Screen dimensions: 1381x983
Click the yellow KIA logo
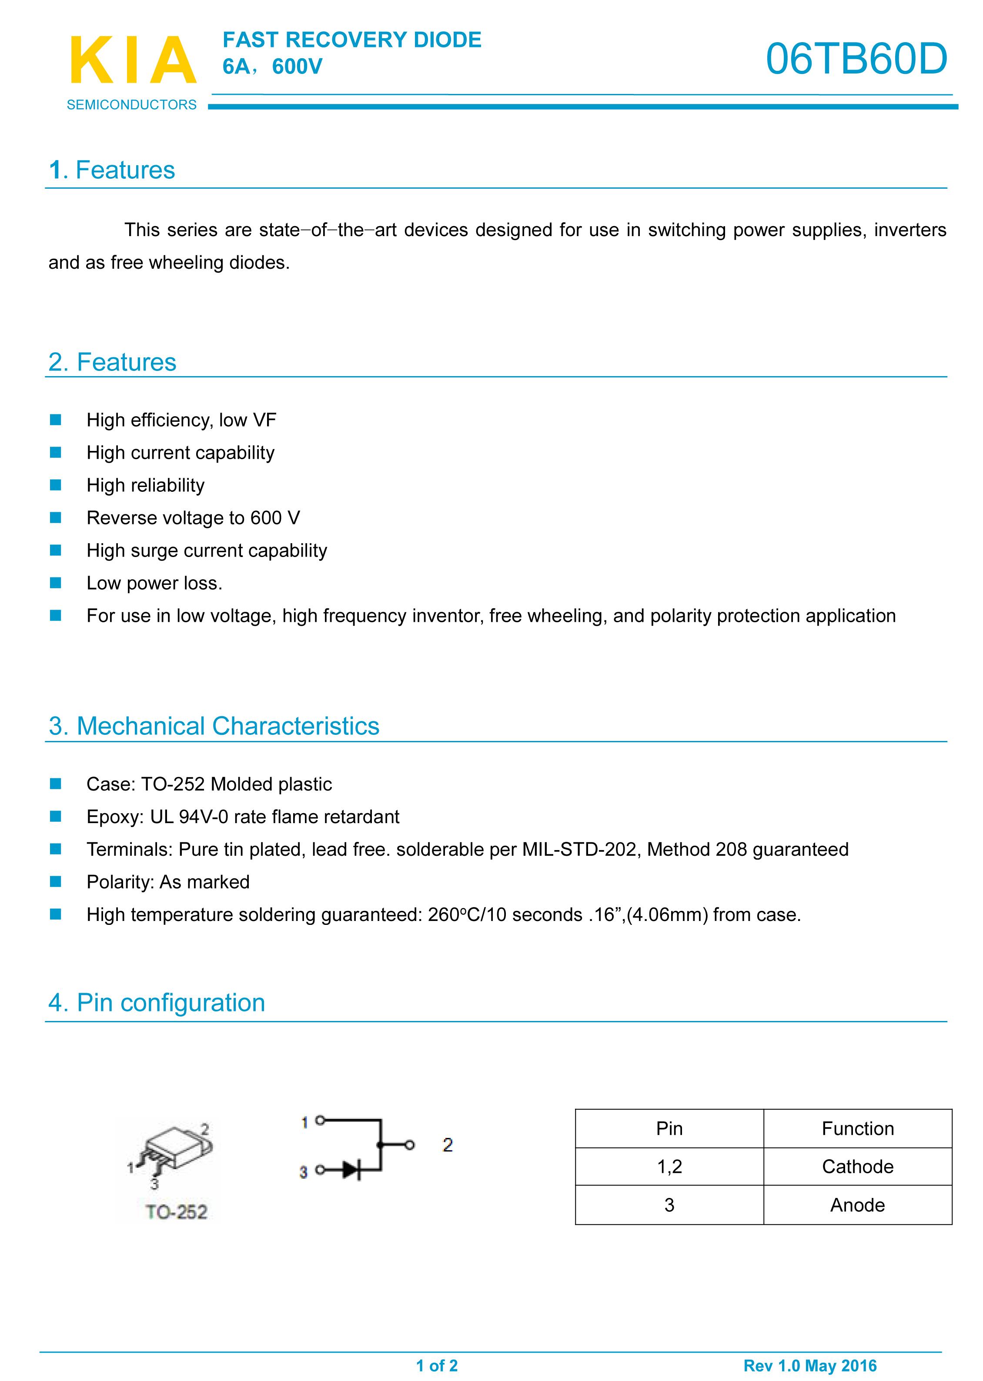point(133,60)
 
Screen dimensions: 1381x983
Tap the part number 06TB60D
point(856,59)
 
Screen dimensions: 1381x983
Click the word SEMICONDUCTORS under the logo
point(131,105)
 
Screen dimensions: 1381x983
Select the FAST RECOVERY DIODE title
point(352,40)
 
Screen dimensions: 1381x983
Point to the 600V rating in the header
point(297,67)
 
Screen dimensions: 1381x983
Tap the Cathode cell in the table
point(857,1166)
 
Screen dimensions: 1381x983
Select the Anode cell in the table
point(857,1205)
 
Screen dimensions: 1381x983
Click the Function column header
point(857,1129)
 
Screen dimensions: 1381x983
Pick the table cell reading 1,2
point(669,1166)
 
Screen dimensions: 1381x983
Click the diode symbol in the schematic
point(351,1170)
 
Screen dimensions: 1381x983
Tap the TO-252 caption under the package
point(176,1211)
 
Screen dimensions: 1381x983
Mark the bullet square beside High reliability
point(56,485)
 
